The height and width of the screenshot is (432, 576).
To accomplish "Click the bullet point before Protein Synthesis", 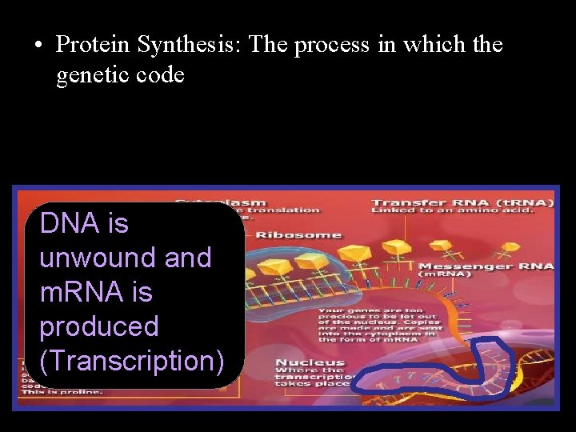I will [38, 46].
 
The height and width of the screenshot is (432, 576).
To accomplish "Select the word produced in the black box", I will [99, 326].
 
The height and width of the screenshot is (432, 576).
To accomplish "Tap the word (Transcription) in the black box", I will [132, 361].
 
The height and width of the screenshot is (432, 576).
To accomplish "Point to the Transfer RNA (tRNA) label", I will [462, 202].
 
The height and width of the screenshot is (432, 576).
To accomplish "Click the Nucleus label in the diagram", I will [310, 363].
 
